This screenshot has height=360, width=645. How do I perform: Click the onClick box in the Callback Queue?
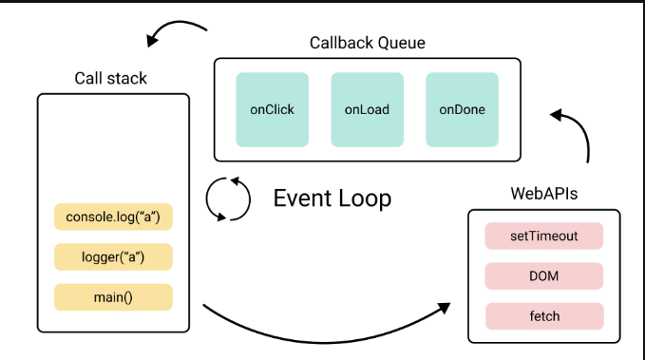pos(272,109)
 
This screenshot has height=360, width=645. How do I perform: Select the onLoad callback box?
pos(367,109)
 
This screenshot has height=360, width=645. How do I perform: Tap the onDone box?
pos(462,109)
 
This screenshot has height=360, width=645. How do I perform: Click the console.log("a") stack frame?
pos(113,218)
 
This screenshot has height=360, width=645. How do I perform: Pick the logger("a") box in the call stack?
pos(113,257)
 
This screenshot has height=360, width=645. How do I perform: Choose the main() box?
pos(113,296)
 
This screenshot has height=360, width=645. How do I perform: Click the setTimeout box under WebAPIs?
pos(544,236)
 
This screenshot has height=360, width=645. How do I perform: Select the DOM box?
pos(544,276)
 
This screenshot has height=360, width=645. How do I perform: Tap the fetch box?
pos(544,316)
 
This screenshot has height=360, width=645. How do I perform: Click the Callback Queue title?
pos(367,43)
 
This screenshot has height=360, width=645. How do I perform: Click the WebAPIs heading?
pos(544,194)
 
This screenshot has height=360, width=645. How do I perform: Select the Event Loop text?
pos(332,199)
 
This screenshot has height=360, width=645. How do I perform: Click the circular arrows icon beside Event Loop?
pos(228,199)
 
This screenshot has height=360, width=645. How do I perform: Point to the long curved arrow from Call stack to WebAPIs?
pos(323,332)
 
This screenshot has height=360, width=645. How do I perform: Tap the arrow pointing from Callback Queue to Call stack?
pos(176,28)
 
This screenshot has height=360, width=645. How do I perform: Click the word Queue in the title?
pos(401,43)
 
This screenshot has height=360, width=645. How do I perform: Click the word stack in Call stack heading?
pos(130,77)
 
